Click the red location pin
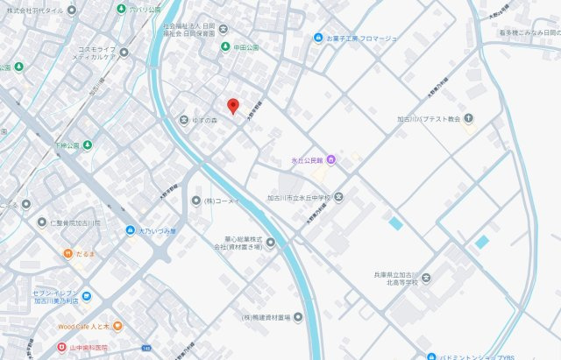[x=232, y=106]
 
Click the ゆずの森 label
[x=207, y=119]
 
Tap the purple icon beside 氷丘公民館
[x=331, y=159]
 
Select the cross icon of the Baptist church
[x=469, y=117]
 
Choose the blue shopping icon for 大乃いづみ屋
[x=130, y=230]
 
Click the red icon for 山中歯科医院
[x=61, y=347]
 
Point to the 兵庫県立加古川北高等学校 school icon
[x=425, y=278]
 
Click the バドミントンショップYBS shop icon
[x=431, y=356]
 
